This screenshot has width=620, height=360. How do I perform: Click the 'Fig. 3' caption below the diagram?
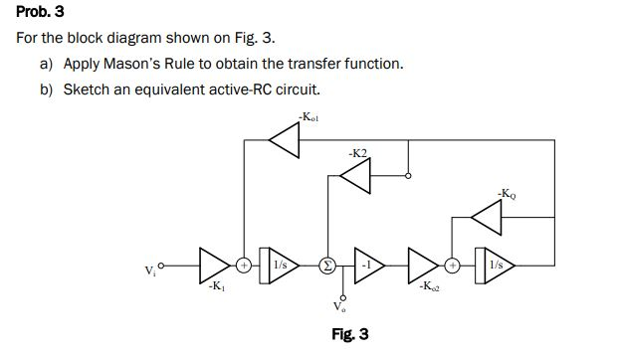[x=349, y=335]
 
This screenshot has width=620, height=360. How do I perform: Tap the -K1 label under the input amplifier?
[x=215, y=287]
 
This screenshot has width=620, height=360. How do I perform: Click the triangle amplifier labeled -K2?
[x=353, y=176]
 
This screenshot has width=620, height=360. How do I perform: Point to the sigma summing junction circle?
[x=324, y=266]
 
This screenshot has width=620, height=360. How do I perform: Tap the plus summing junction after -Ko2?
[x=453, y=266]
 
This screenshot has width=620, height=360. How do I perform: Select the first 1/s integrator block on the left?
[x=279, y=266]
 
